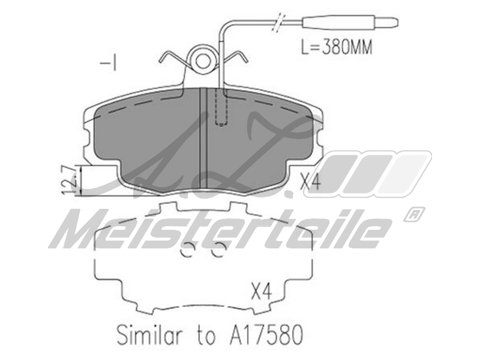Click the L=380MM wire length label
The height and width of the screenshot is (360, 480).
(336, 48)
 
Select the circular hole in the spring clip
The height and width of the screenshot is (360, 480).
(203, 61)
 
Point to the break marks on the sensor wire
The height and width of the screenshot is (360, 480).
(279, 22)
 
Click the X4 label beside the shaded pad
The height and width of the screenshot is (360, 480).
(310, 182)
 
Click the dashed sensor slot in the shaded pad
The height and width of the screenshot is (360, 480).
(221, 107)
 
